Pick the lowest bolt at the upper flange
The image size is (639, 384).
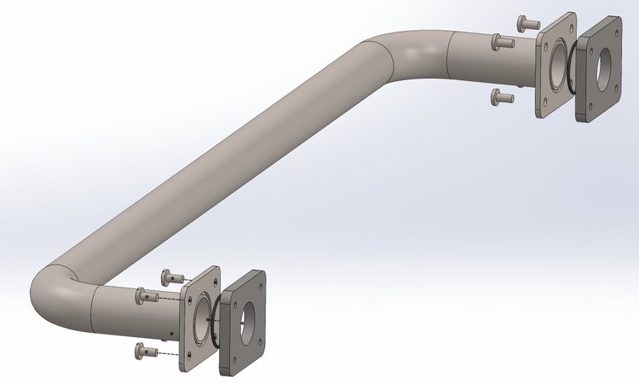[x=502, y=97]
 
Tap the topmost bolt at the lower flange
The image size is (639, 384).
[x=172, y=275]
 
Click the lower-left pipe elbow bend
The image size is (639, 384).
[x=60, y=294]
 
